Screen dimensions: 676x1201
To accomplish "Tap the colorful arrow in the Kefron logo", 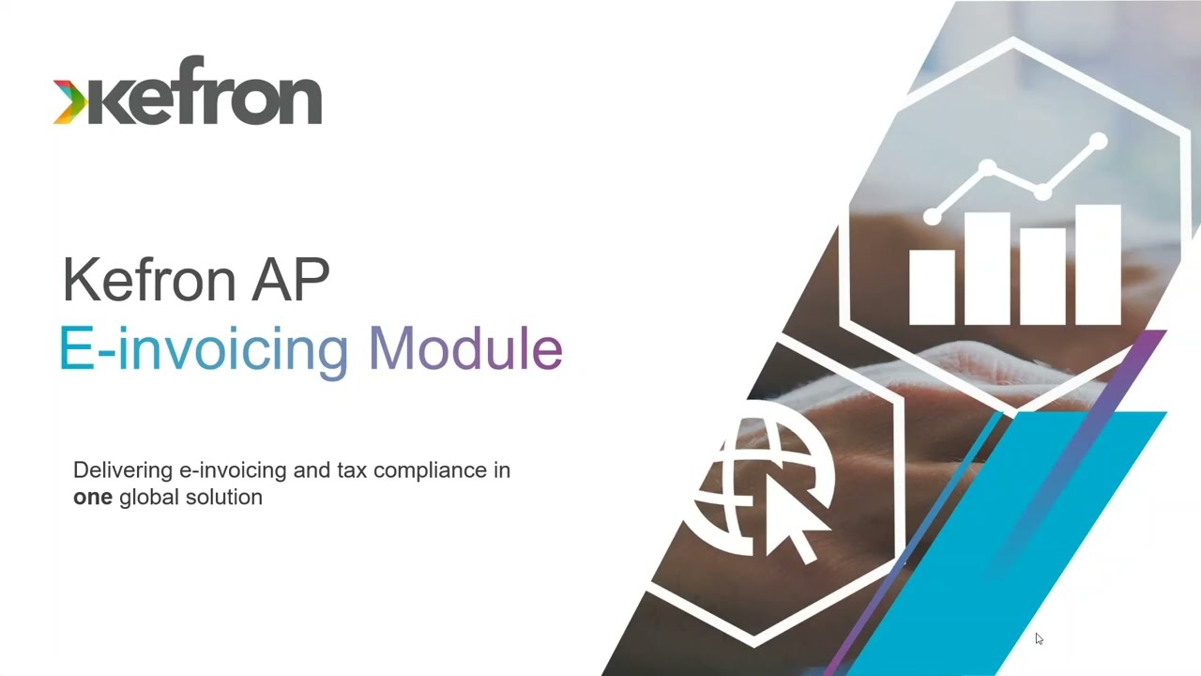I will (68, 102).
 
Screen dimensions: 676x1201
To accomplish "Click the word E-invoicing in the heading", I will (203, 349).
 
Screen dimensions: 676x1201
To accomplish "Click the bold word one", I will (92, 498).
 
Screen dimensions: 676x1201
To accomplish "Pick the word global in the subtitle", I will (146, 498).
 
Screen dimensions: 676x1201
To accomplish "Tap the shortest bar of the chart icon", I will (932, 286).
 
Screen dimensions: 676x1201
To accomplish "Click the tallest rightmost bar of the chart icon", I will (1098, 265).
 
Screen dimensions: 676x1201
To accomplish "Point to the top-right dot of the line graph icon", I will (1098, 143).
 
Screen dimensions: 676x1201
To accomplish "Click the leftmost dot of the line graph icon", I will (932, 217).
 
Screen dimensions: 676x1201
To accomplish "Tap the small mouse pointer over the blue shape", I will (1039, 638).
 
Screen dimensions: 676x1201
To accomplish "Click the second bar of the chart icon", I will (987, 269).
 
